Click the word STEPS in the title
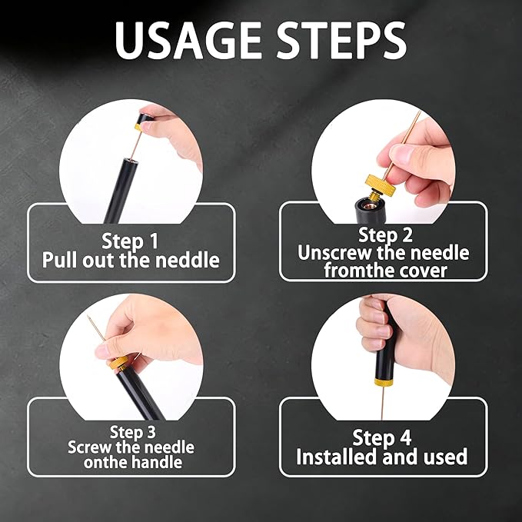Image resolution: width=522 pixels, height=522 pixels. tap(341, 40)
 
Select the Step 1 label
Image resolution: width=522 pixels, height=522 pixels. tap(130, 241)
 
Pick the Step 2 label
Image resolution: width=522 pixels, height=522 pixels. tap(385, 235)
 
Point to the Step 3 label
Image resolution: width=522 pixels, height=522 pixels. tap(133, 432)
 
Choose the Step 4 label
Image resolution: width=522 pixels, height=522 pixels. tap(382, 437)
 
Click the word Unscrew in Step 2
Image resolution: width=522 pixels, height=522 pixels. tap(335, 253)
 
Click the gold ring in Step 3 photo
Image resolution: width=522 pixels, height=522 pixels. tap(119, 363)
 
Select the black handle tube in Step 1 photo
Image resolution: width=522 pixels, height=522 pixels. tap(121, 191)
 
